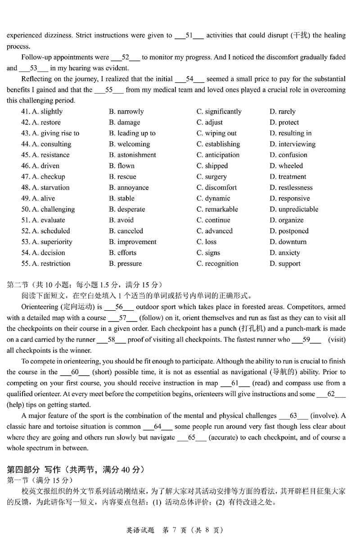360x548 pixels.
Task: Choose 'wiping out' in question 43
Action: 216,133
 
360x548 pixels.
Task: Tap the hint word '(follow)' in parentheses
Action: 152,318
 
